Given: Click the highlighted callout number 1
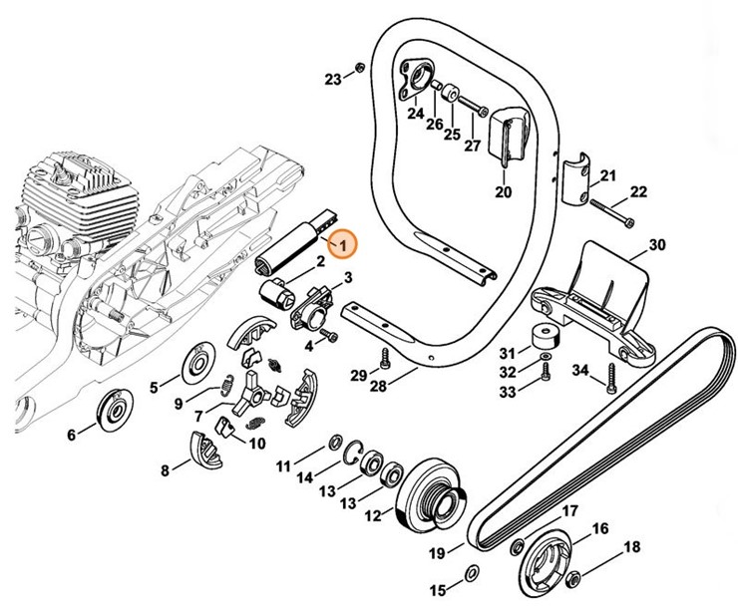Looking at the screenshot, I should (x=342, y=241).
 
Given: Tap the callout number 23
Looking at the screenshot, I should (x=333, y=79).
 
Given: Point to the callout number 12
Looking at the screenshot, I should (x=373, y=516).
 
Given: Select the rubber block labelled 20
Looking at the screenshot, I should (x=510, y=133).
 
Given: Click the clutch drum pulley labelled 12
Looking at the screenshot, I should (x=435, y=493).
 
